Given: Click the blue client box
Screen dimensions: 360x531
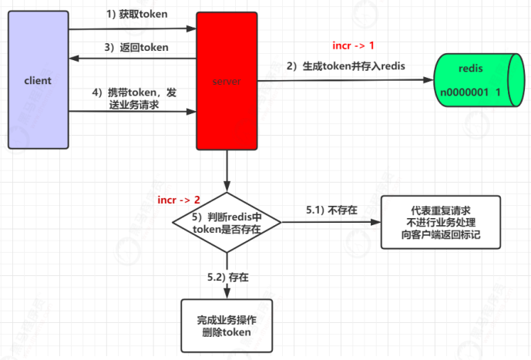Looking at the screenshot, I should coord(38,80).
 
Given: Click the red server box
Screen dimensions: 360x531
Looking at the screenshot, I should coord(227,80).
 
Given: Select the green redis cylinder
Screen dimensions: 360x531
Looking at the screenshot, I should coord(471,80).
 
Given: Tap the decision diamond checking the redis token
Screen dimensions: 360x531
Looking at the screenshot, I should coord(227,223).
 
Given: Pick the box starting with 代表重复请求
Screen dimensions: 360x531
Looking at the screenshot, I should coord(441,222).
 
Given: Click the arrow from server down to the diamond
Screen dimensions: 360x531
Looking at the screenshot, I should coord(227,171).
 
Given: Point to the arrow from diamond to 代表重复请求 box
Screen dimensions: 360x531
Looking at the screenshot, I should coord(331,223).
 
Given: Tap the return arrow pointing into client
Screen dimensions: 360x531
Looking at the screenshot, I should coord(131,58).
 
